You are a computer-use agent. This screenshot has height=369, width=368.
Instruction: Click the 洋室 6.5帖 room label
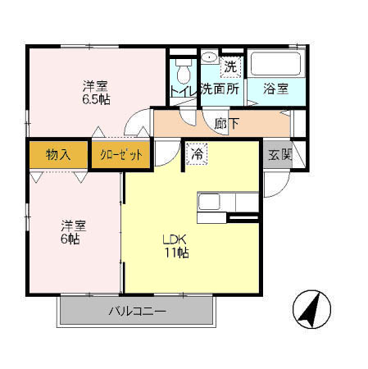(95, 92)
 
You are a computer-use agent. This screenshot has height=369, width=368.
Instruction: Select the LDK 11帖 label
(175, 247)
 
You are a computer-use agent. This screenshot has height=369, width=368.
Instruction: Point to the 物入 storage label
(57, 154)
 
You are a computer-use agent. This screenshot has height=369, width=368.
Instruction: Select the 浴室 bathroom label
(275, 89)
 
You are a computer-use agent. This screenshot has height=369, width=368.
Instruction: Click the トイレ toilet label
(182, 89)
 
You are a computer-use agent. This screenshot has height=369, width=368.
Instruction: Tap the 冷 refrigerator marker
(198, 153)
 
